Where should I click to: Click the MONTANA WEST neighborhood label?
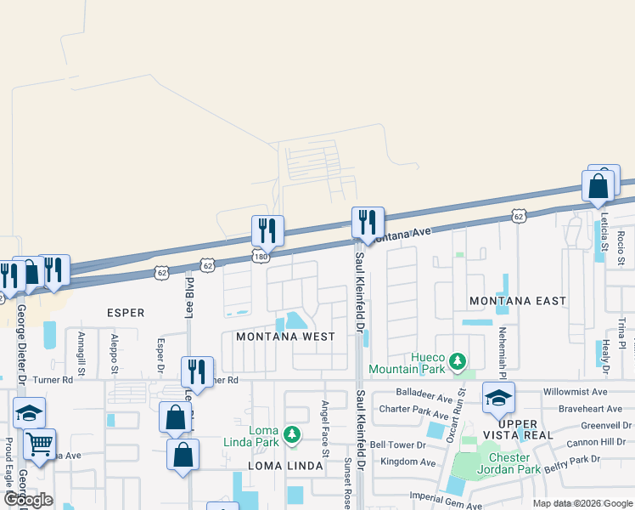tap(285, 337)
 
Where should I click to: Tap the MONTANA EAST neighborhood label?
tap(518, 301)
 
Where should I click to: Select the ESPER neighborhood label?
tap(126, 313)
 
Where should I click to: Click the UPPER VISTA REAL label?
tap(518, 429)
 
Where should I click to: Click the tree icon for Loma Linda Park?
tap(292, 435)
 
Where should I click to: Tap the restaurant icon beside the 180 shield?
tap(267, 229)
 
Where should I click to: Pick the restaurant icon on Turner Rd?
tap(197, 371)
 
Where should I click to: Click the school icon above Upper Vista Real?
tap(498, 397)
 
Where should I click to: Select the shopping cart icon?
tap(39, 443)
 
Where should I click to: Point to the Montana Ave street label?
tap(403, 234)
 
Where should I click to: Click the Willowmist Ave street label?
tap(576, 393)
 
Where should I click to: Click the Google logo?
tap(29, 500)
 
